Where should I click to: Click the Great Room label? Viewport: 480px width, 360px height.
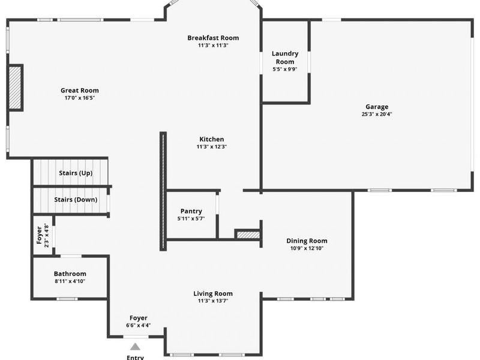80,91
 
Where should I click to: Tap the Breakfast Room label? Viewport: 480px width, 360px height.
213,38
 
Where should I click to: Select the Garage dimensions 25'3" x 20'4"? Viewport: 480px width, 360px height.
377,114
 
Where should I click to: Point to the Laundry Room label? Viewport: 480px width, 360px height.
285,58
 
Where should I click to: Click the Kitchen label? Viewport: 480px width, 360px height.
212,139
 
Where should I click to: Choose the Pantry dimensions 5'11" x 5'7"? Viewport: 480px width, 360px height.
191,218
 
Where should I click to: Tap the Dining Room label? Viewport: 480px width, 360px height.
307,241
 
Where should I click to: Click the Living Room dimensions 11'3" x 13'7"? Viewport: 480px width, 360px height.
213,301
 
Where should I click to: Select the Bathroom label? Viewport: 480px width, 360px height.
70,274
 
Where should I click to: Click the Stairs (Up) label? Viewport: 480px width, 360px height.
76,173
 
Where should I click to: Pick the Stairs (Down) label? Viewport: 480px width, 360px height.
76,200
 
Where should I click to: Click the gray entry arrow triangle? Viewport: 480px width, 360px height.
135,347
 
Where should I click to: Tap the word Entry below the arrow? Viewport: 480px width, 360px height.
136,357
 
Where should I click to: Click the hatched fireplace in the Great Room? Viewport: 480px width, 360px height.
15,88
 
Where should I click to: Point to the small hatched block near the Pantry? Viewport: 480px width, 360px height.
248,235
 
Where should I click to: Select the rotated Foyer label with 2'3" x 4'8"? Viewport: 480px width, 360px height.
43,235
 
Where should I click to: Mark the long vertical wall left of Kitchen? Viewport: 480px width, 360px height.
163,191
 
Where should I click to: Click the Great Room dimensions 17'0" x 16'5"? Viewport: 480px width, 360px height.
80,98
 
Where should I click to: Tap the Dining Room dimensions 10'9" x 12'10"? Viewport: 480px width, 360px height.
307,248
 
